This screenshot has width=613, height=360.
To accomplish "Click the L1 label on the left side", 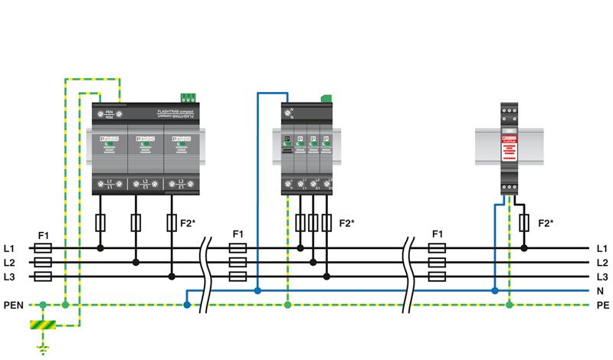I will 10,248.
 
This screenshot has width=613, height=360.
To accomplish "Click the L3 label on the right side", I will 602,277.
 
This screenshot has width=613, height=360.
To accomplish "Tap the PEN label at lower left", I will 13,306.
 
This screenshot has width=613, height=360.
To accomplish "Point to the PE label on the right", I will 602,306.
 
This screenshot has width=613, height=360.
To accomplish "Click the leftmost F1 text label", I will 44,234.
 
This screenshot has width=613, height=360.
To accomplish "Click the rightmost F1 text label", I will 438,234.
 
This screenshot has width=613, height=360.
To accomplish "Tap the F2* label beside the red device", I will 546,223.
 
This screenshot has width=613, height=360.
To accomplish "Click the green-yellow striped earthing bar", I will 43,326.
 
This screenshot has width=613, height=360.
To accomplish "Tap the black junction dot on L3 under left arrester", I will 172,277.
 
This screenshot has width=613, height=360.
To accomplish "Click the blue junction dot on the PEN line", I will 187,305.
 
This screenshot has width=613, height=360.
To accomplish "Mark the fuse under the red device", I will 524,223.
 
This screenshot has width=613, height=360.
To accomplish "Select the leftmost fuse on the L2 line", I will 44,263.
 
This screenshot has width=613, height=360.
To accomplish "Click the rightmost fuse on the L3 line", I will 438,277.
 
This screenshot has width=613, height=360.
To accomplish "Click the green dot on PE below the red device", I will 510,305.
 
